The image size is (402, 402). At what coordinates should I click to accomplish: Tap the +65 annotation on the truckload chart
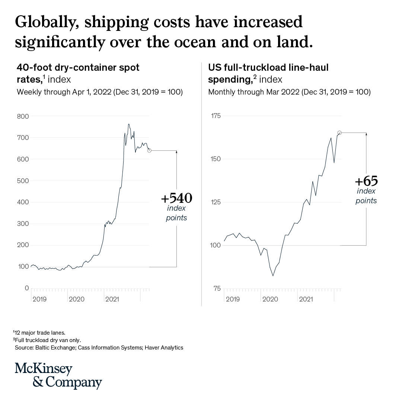pyautogui.click(x=366, y=182)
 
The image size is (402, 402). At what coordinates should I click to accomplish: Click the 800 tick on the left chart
pyautogui.click(x=23, y=116)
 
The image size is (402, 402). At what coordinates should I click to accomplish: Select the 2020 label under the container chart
pyautogui.click(x=77, y=299)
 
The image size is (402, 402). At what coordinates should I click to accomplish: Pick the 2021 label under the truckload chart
pyautogui.click(x=306, y=299)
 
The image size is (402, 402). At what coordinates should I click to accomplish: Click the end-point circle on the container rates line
pyautogui.click(x=149, y=150)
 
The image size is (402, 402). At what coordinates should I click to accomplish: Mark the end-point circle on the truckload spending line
pyautogui.click(x=339, y=133)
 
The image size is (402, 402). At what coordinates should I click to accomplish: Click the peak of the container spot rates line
pyautogui.click(x=129, y=124)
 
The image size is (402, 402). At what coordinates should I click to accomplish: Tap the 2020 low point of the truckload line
pyautogui.click(x=273, y=276)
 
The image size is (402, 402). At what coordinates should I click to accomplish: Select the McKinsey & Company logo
pyautogui.click(x=58, y=376)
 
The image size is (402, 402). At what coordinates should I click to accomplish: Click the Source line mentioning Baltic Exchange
pyautogui.click(x=99, y=348)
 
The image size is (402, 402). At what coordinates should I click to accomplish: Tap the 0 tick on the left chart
pyautogui.click(x=26, y=288)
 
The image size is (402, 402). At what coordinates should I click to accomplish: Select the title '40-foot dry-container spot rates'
pyautogui.click(x=78, y=73)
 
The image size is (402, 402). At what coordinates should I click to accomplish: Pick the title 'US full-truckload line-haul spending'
pyautogui.click(x=268, y=73)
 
